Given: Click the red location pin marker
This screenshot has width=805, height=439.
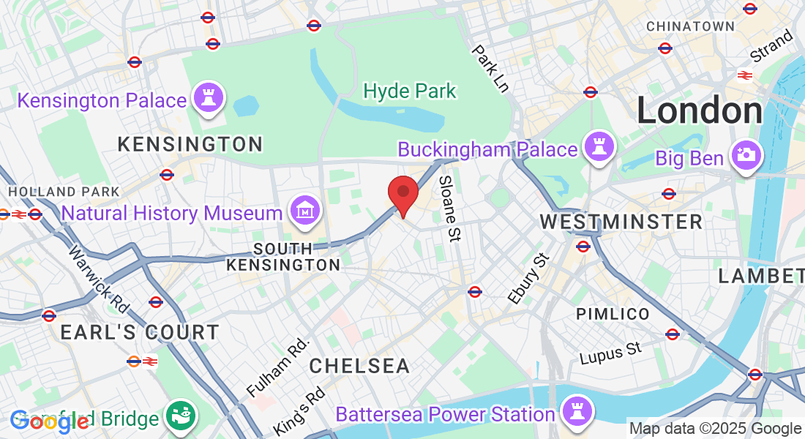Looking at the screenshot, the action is (402, 192).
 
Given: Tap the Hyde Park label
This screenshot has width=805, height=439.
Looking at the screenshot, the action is (410, 91).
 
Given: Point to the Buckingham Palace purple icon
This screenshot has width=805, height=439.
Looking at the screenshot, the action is (599, 149).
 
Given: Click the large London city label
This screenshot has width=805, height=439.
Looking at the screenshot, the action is (700, 111).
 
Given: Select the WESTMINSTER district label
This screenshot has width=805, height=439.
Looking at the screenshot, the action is (621, 221).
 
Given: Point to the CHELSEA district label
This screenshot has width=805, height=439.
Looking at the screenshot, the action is (359, 366).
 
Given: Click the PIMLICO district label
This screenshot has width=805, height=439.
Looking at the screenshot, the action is (613, 314).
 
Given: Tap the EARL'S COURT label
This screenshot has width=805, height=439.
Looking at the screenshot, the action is (139, 332).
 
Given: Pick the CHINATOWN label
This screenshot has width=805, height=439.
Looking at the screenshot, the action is (690, 26).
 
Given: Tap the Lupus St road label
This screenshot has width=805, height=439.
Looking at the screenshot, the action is (610, 353).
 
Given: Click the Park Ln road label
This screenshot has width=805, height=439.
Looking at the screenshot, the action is (490, 69).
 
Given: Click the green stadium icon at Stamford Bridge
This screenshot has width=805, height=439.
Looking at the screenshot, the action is (179, 416).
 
